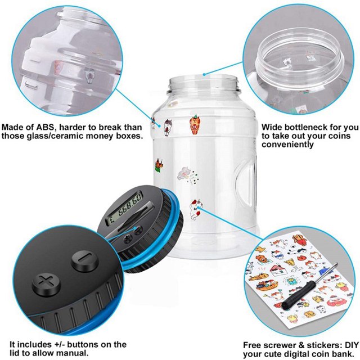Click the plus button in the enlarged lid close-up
pos(46,285)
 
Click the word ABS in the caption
pos(45,127)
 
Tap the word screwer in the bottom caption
pos(280,345)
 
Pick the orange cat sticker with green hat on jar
pos(195,124)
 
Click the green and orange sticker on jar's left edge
pos(159,165)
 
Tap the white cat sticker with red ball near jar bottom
pos(195,209)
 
